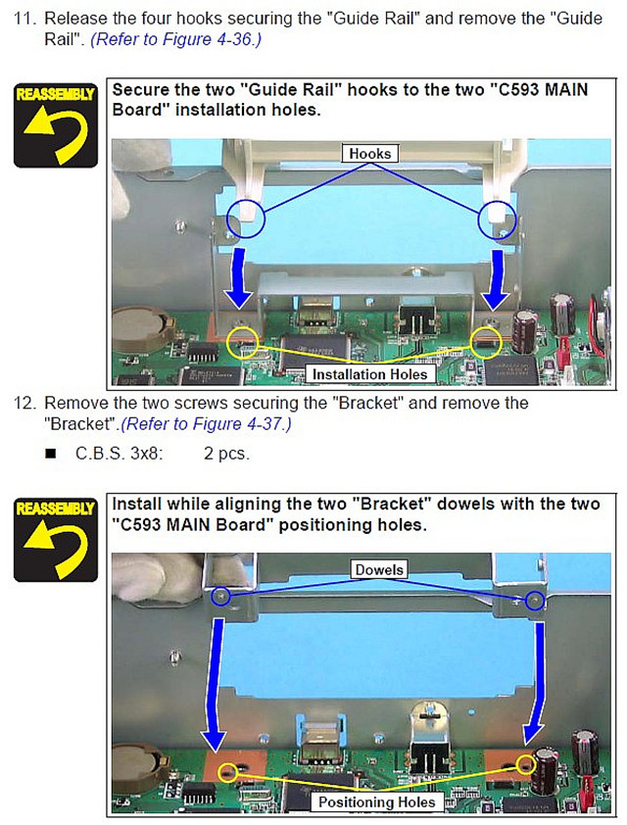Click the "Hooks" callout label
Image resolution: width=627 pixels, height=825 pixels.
coord(369,154)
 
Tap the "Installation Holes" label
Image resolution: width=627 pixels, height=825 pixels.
coord(369,374)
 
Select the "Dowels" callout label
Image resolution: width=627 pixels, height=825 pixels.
coord(379,570)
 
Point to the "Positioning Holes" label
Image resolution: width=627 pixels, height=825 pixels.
coord(377,801)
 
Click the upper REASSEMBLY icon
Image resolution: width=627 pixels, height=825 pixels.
coord(56,125)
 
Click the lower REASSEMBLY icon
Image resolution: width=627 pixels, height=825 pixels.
coord(56,540)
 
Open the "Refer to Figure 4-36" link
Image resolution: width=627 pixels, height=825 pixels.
coord(175,39)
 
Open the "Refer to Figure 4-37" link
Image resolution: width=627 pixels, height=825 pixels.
coord(206,424)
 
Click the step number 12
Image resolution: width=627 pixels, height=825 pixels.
coord(24,403)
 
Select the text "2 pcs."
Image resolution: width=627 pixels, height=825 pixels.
coord(226,453)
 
